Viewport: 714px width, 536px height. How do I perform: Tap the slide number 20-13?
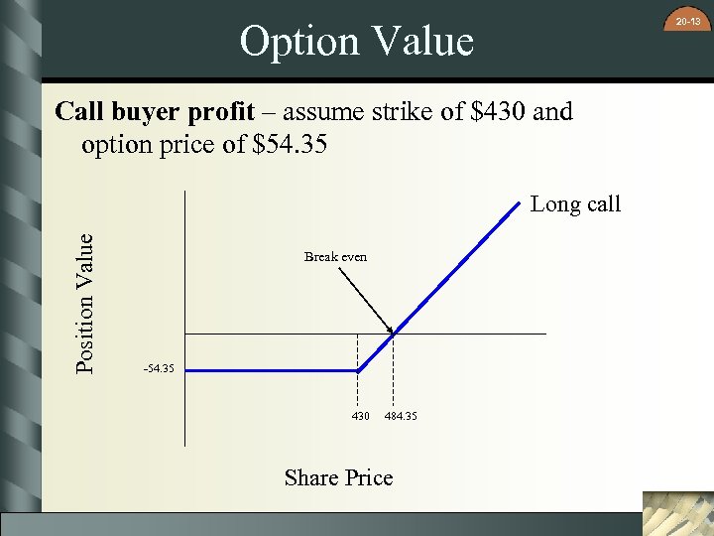[x=687, y=20]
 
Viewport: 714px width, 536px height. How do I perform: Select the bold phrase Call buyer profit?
[x=155, y=111]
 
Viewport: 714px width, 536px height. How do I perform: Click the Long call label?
[x=575, y=204]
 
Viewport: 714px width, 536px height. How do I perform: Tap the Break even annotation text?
[x=335, y=256]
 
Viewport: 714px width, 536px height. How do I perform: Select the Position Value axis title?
[x=86, y=303]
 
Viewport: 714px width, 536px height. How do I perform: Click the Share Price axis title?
[x=338, y=477]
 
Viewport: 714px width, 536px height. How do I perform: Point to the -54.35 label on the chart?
[x=159, y=369]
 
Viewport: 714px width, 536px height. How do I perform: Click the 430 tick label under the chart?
[x=360, y=415]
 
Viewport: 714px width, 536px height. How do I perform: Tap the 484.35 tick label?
[x=401, y=415]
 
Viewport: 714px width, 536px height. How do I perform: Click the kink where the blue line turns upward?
[x=358, y=370]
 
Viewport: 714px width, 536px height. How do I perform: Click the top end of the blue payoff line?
[x=519, y=203]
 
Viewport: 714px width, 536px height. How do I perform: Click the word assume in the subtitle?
[x=321, y=111]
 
